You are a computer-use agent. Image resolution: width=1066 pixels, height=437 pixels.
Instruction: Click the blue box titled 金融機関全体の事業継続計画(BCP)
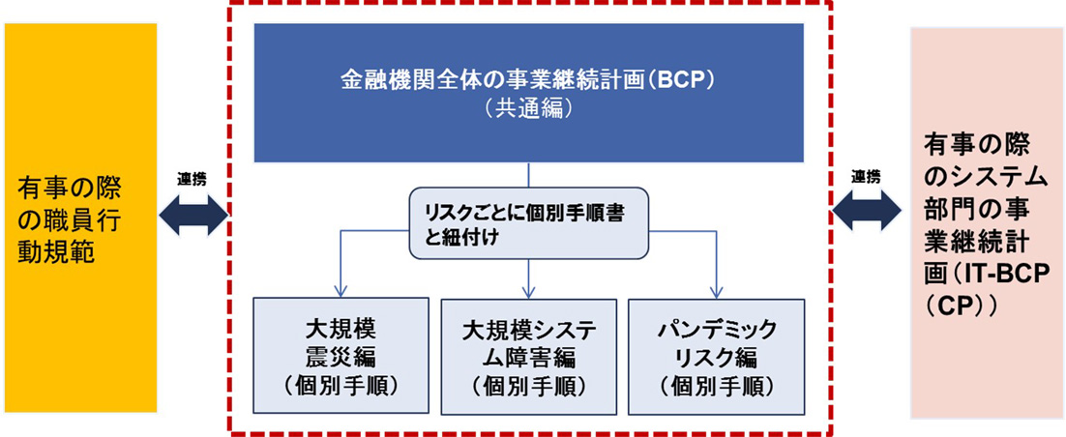coord(528,92)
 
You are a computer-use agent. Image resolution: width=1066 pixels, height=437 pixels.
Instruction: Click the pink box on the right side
coord(986,222)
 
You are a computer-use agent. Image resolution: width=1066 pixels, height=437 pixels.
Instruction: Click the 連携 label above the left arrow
coord(191,180)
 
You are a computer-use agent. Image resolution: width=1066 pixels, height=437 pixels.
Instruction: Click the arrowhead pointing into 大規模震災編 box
coord(341,291)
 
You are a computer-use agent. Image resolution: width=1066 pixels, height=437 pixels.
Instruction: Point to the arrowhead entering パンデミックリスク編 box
coord(716,291)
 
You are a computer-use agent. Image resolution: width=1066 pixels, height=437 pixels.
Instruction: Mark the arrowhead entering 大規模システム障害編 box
coord(528,291)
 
